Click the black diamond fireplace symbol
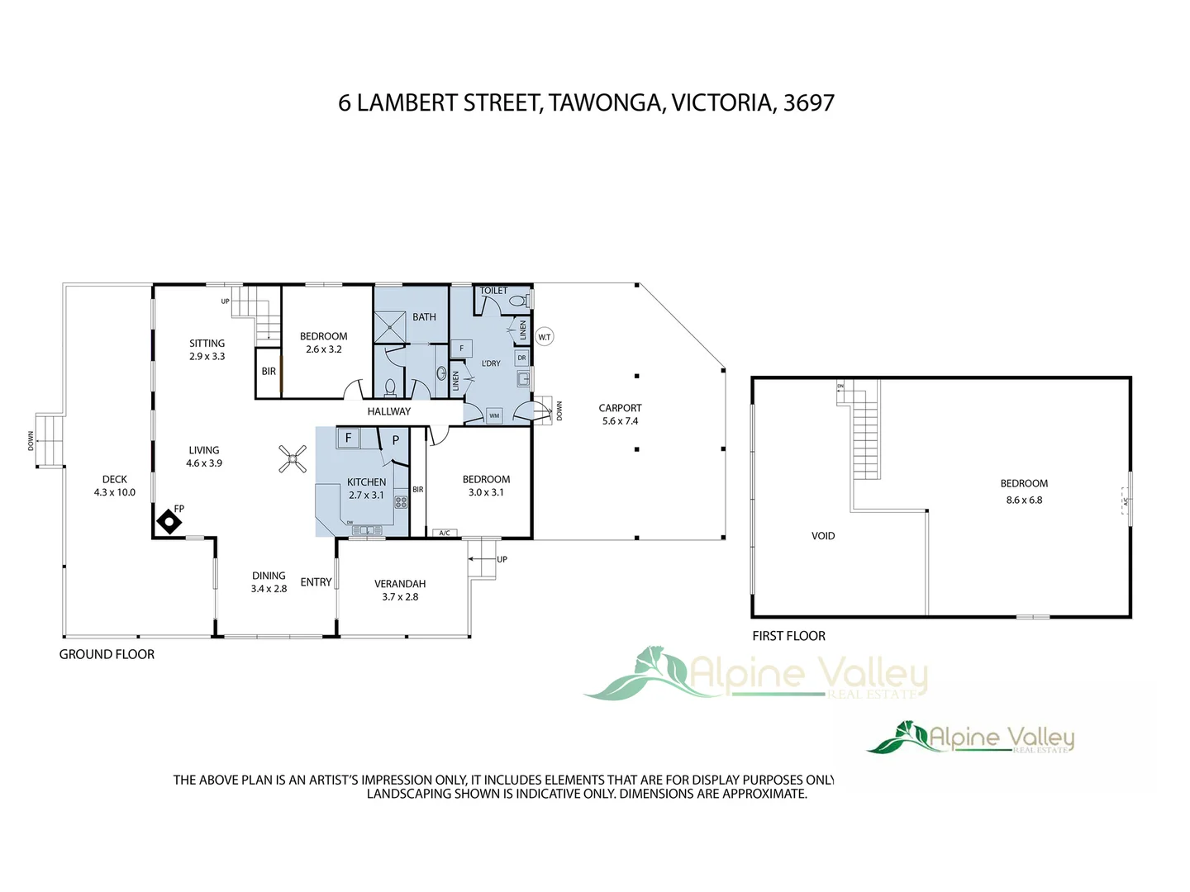tap(169, 522)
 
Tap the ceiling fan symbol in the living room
tap(293, 458)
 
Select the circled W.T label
tap(545, 337)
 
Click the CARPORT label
tap(620, 408)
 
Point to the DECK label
tap(115, 479)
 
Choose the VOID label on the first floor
tap(823, 536)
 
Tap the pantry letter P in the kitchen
tap(396, 440)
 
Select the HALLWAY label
tap(388, 411)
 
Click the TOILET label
tap(494, 291)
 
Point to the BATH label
tap(424, 317)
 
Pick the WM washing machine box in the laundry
tap(494, 415)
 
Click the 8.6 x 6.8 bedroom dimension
tap(1024, 501)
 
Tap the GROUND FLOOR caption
tap(107, 654)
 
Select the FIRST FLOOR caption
tap(788, 636)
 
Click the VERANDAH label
tap(400, 584)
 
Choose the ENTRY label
tap(316, 582)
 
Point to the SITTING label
tap(207, 344)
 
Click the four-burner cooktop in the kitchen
tap(401, 501)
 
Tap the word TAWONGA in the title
tap(606, 103)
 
